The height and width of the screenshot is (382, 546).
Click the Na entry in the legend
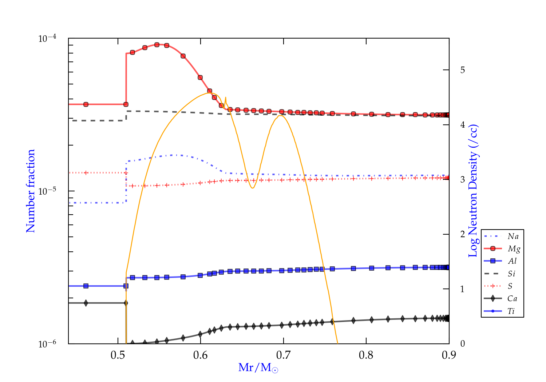513,236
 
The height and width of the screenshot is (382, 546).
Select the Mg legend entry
514,249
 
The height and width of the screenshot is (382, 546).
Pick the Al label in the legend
512,261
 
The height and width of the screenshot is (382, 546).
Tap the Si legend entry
511,274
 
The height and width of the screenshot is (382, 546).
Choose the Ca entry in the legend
512,299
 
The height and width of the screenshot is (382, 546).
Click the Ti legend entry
511,311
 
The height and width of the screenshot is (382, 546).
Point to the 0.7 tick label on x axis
283,355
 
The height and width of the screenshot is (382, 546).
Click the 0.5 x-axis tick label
118,355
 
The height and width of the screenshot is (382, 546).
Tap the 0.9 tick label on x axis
449,355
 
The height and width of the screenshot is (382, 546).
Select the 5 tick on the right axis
462,70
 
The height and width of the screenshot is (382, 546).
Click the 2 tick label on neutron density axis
462,234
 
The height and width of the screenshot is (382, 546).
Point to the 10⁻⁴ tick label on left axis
48,39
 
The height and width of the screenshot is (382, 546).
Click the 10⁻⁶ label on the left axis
48,344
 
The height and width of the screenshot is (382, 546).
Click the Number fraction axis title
31,191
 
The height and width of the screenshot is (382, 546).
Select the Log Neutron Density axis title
473,191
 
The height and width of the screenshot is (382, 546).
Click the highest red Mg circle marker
157,45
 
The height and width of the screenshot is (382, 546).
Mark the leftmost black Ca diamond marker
86,303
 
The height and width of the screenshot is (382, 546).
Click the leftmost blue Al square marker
86,286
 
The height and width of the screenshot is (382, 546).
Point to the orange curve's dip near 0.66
252,188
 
